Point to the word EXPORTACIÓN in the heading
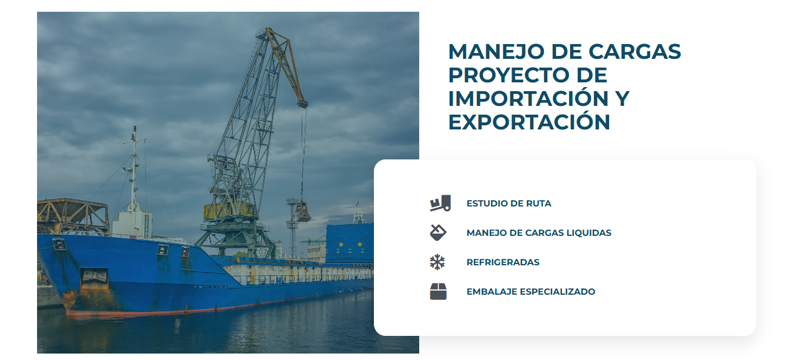coord(529,122)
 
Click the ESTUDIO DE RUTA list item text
coord(509,204)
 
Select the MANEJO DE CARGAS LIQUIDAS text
coord(539,233)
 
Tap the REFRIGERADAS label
coord(503,262)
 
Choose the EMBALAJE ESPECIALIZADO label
coord(530,292)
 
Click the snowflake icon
coord(437,262)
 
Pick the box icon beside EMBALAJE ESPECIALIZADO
coord(438,291)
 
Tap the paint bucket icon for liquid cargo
coord(437,232)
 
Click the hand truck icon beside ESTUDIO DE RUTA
coord(440,203)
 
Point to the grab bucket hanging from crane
coord(302,211)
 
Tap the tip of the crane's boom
coord(302,104)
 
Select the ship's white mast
coord(134,171)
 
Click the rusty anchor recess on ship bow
coord(93,277)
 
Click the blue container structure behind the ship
coord(349,242)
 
